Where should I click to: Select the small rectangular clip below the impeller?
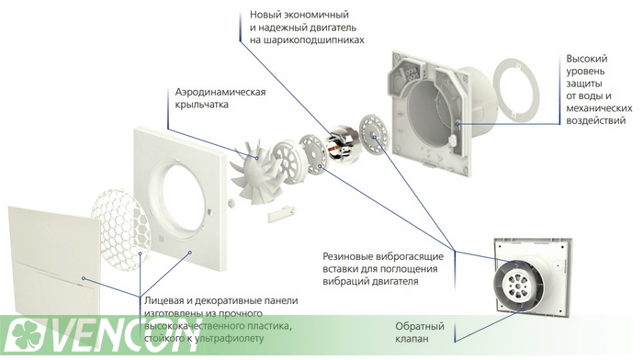[281, 214]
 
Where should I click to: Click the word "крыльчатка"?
[202, 105]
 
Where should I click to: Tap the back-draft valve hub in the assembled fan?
[520, 285]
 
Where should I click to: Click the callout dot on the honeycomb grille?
[141, 253]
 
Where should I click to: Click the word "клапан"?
[412, 339]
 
